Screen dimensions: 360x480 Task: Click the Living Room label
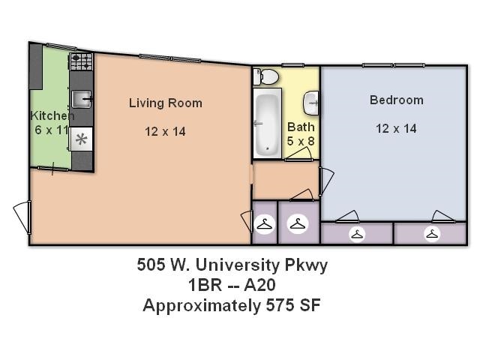point(165,103)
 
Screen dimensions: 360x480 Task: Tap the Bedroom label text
point(396,100)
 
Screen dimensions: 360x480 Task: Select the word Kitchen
point(52,116)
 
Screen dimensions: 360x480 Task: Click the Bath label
point(301,127)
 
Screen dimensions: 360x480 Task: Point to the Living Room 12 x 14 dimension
point(165,131)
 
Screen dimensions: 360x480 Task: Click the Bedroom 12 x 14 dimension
point(396,128)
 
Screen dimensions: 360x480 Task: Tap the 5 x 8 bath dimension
point(301,140)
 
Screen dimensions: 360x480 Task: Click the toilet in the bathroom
point(266,76)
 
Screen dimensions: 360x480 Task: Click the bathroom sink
point(313,100)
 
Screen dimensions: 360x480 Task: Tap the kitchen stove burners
point(81,61)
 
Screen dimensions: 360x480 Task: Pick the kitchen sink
point(82,98)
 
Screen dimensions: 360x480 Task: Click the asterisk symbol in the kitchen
point(81,139)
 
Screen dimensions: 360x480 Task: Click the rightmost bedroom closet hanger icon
point(431,235)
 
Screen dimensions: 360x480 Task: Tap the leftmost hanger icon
point(264,223)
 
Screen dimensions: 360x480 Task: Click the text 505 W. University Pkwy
point(232,265)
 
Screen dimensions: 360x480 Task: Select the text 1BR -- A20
point(232,285)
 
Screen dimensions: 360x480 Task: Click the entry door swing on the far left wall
point(22,217)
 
